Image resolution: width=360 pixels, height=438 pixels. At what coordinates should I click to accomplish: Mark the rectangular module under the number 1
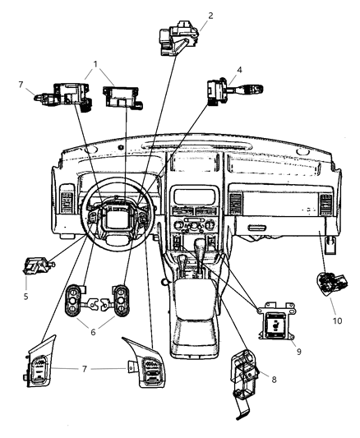[x=121, y=95]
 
